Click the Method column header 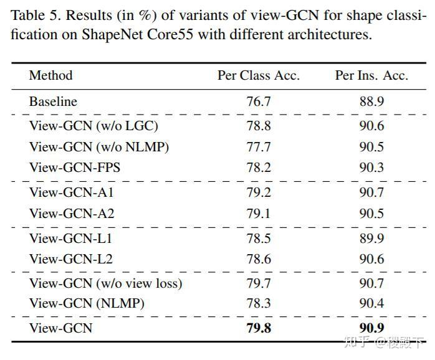50,76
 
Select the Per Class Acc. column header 258,76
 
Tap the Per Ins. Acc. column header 371,76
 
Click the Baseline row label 53,101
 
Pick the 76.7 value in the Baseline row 259,101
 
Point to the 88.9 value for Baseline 371,101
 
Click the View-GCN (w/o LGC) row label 93,126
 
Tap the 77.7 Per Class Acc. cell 259,147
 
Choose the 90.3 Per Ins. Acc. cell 371,168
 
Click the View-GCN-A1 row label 72,192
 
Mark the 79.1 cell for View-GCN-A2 259,214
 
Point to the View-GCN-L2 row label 71,259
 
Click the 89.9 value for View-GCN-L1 371,239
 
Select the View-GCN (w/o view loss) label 105,284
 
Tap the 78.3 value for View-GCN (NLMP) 259,305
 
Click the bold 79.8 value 259,328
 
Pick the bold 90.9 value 371,328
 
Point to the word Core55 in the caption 174,34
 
